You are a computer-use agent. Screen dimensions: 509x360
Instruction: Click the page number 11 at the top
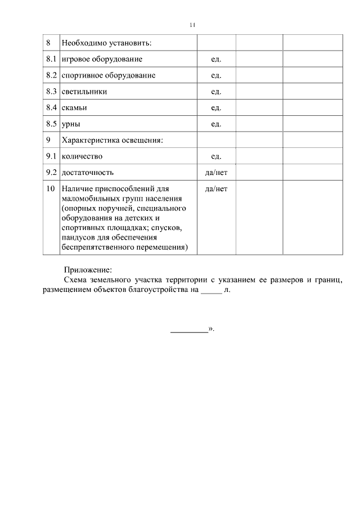[192, 25]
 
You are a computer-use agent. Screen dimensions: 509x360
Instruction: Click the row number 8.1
[51, 58]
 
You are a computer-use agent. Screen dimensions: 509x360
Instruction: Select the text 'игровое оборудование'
[102, 58]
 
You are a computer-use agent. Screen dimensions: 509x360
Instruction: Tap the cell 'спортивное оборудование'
[109, 75]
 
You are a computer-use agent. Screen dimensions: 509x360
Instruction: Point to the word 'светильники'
[84, 91]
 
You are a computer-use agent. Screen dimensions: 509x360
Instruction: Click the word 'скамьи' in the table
[74, 107]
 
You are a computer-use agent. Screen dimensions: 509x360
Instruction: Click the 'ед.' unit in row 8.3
[216, 91]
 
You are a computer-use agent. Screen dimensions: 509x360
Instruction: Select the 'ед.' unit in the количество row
[216, 156]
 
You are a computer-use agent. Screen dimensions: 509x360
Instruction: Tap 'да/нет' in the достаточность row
[217, 172]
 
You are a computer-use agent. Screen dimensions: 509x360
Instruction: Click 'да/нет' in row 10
[217, 189]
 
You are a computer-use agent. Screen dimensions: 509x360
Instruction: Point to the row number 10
[50, 189]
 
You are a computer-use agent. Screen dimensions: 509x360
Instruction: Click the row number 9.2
[51, 172]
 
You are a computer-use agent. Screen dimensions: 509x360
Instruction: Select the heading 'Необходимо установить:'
[107, 43]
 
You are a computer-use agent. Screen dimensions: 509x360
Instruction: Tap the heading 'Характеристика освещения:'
[112, 140]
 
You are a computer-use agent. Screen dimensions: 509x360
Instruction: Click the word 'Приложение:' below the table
[88, 269]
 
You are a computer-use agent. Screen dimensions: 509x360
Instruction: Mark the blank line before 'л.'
[211, 291]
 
